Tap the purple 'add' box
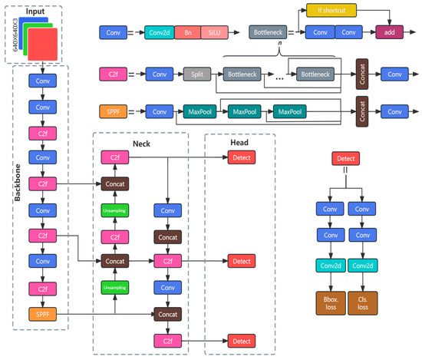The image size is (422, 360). point(389,32)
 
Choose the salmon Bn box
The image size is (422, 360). point(187,32)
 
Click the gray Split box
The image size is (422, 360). point(193,75)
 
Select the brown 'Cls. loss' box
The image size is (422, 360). point(362,302)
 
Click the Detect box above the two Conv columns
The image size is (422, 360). point(345,157)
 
